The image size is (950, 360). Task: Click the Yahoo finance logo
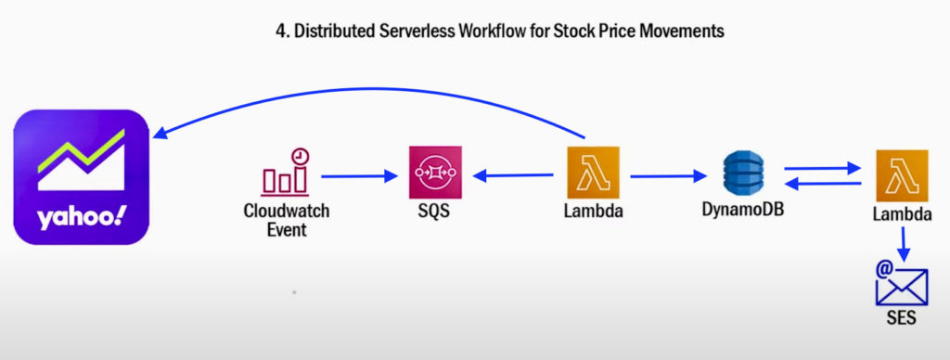tap(82, 177)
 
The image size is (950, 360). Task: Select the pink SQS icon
tap(435, 173)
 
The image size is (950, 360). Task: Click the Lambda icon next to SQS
tap(593, 173)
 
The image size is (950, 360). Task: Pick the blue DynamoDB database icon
tap(743, 173)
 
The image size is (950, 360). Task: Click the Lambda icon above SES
tap(902, 175)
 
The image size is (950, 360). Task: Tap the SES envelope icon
tap(902, 284)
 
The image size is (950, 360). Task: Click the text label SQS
tap(435, 212)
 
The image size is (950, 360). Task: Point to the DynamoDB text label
tap(743, 209)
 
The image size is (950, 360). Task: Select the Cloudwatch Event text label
tap(287, 220)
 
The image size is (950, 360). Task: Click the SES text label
tap(902, 317)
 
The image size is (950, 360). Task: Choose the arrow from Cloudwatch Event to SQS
tap(359, 176)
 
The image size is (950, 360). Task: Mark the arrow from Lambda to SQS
tap(513, 176)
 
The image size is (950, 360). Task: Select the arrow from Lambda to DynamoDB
tap(668, 176)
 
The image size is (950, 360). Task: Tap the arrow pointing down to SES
tap(904, 244)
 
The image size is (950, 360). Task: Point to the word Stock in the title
tap(573, 32)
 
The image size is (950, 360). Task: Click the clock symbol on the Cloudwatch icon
tap(300, 157)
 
